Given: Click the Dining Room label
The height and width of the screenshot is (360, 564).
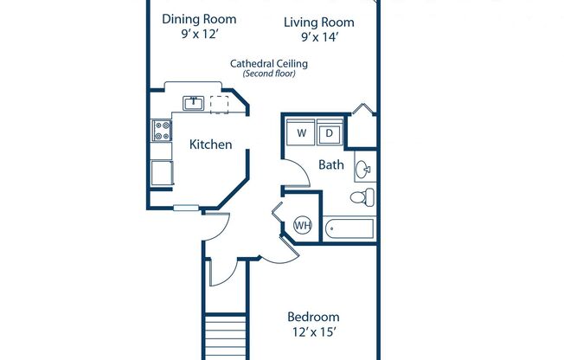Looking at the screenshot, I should [199, 19].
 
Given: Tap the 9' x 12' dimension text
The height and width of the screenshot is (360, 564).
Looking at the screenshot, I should [199, 35].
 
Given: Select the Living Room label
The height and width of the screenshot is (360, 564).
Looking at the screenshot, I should [319, 22].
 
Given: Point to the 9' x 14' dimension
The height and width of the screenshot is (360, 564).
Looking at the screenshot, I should [319, 38].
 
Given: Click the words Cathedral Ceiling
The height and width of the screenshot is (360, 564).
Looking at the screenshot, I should [269, 63].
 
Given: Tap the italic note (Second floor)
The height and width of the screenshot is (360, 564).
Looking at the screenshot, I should [269, 74].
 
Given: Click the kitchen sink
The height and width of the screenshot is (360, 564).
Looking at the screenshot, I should [193, 104].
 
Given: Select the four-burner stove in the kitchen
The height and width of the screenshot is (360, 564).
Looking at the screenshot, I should [161, 132].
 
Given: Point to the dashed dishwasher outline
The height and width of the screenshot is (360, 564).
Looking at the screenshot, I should [219, 104].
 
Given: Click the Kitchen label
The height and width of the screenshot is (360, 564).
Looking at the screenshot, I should [210, 145].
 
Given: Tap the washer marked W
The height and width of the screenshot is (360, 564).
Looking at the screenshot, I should [301, 133].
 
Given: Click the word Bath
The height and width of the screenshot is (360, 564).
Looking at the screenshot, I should [331, 164].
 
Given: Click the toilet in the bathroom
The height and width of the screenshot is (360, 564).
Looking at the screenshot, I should [363, 197].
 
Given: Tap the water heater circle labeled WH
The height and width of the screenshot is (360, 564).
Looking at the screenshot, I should [303, 225].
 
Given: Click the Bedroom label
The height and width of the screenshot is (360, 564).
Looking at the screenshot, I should [313, 317].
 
